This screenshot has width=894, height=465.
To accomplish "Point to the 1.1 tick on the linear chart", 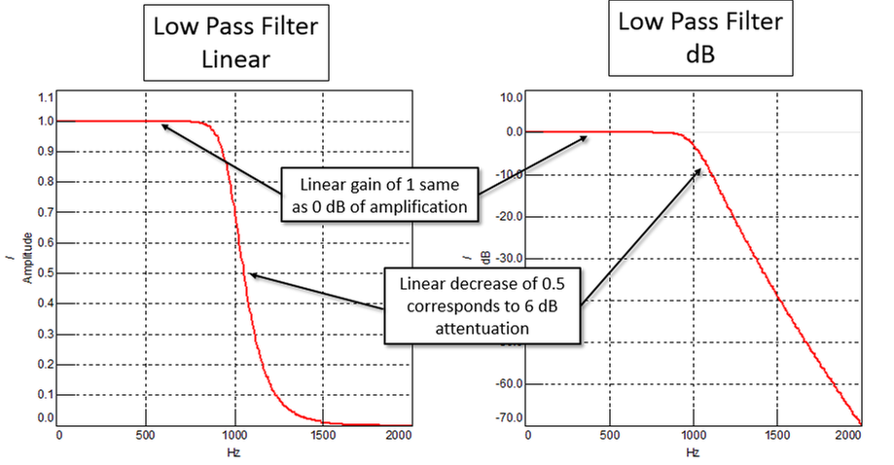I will tap(46, 98).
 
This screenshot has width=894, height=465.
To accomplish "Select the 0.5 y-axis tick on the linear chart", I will tap(46, 273).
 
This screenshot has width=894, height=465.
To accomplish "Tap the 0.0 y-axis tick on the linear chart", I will tap(46, 417).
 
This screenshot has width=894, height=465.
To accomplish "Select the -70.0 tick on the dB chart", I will tap(508, 418).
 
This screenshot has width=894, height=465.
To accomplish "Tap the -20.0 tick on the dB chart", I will tap(508, 217).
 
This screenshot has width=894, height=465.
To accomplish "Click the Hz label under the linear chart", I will tap(233, 452).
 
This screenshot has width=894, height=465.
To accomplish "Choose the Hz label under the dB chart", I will tap(692, 452).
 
